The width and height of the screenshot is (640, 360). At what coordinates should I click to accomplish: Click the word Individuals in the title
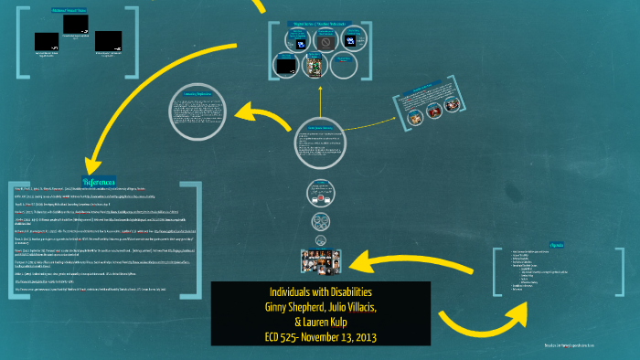[x=274, y=291]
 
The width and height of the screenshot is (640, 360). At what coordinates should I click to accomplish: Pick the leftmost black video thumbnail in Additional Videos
[x=48, y=40]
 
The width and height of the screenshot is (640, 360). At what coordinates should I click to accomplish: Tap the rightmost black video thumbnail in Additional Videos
[x=108, y=40]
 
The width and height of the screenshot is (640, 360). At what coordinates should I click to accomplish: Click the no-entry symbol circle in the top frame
[x=324, y=41]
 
